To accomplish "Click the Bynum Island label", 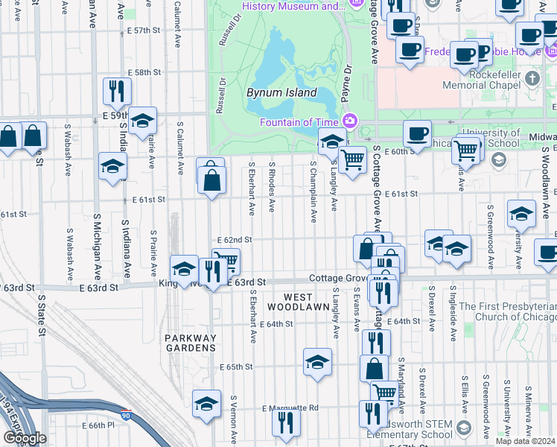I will pos(281,93).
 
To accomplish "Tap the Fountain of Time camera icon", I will pos(350,121).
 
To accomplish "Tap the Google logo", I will pos(25,438).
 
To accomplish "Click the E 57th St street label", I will pos(144,31).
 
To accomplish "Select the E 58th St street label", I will pos(144,72).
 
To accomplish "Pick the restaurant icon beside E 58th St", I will pos(117,91).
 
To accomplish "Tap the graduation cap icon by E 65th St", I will pos(317,362).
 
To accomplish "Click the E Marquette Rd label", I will pos(290,408).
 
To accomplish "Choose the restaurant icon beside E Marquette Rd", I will pos(285,422).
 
